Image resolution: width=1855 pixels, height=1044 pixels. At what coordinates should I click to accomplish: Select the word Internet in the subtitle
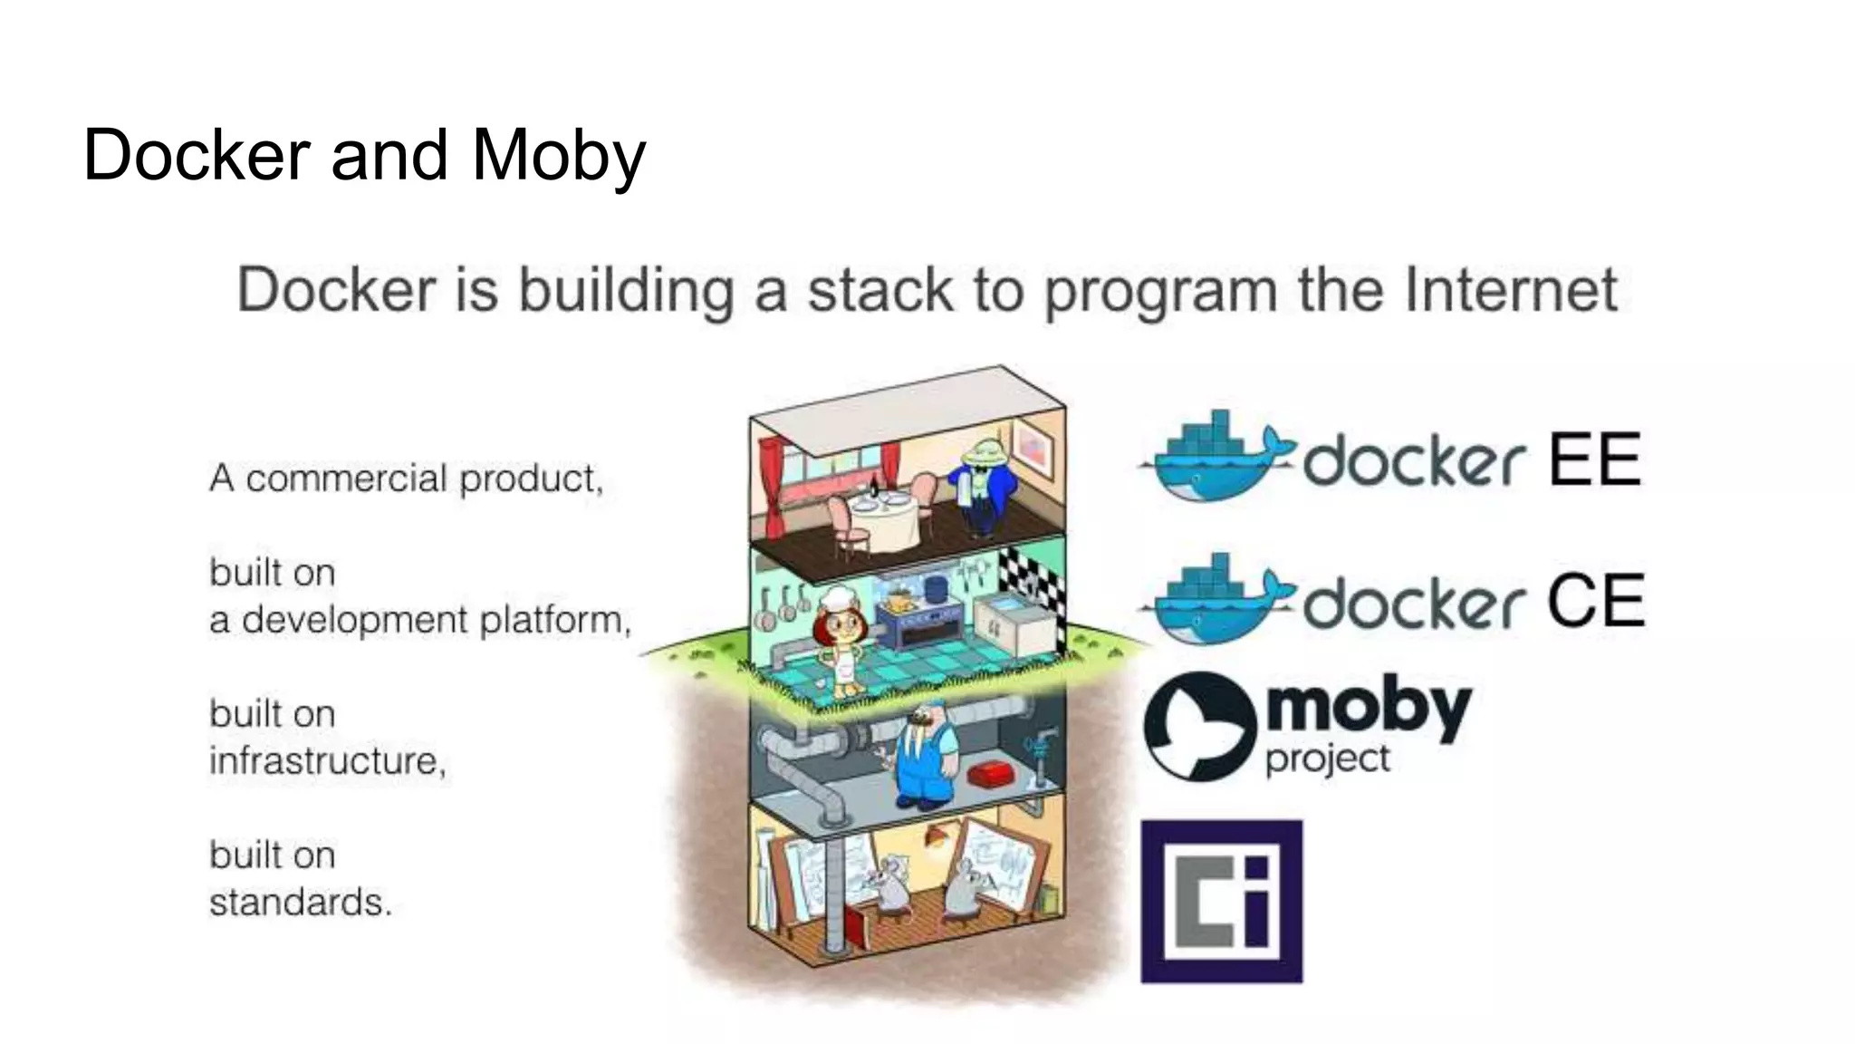click(1511, 290)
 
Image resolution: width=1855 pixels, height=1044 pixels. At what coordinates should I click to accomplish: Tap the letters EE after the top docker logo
click(1594, 459)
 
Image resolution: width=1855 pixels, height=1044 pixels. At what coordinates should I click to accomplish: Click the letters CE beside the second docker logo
click(1595, 601)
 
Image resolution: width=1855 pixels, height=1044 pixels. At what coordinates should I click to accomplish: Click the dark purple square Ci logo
click(1221, 901)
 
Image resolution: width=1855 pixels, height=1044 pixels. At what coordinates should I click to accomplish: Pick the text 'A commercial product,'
click(406, 478)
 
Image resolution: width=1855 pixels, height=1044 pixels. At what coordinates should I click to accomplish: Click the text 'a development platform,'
click(419, 620)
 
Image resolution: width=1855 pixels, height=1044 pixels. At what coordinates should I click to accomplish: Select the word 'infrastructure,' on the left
click(328, 760)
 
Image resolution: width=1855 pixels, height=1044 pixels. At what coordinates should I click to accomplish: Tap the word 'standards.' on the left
click(301, 902)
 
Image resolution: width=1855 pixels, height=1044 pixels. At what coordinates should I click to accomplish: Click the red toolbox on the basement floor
click(994, 776)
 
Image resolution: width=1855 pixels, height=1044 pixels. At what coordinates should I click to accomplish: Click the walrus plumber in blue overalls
click(926, 757)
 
